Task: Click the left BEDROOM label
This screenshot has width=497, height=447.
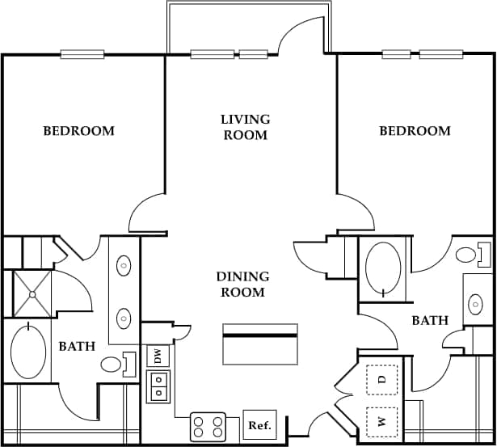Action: tap(78, 130)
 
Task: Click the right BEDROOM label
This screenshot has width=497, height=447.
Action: tap(415, 130)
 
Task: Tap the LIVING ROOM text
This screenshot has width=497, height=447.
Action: tap(245, 127)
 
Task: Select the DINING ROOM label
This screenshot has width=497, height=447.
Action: tap(242, 285)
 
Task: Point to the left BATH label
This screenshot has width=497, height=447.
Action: tap(77, 347)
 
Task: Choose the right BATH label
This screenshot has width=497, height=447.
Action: tap(430, 321)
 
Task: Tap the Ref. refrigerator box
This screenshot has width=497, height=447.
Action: tap(259, 424)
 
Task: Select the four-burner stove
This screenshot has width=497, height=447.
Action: tap(208, 426)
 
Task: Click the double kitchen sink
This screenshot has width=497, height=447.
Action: tap(158, 386)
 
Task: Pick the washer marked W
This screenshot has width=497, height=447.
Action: tap(382, 421)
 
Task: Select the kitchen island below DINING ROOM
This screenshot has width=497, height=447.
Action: tap(259, 344)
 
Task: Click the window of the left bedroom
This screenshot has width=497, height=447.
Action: tap(82, 54)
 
